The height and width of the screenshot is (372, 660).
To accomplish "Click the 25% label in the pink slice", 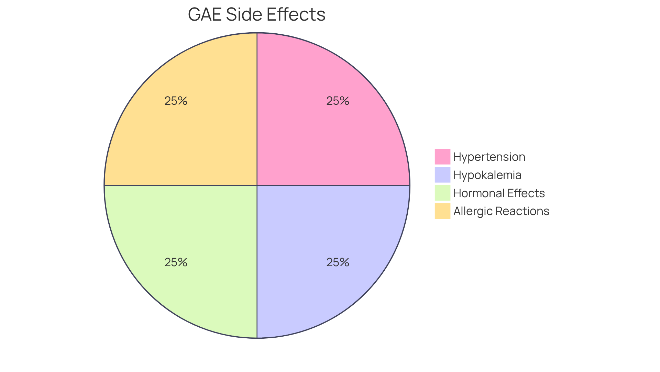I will [x=338, y=101].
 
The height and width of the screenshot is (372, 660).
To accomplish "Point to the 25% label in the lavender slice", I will [x=338, y=262].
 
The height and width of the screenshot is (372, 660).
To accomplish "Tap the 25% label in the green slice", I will [x=176, y=262].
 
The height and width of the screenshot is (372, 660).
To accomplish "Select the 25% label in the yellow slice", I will [x=176, y=101].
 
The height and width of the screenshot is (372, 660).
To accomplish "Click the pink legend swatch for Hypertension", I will [x=442, y=157].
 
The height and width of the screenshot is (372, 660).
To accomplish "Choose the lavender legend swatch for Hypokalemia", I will [x=442, y=175].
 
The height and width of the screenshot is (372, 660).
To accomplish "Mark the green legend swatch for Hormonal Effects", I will [x=442, y=193].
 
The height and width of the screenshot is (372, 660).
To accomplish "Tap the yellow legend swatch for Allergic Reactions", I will [x=442, y=211].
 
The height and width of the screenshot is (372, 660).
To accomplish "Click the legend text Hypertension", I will [x=489, y=157].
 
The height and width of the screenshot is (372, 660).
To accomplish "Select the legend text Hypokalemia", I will [x=487, y=175].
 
